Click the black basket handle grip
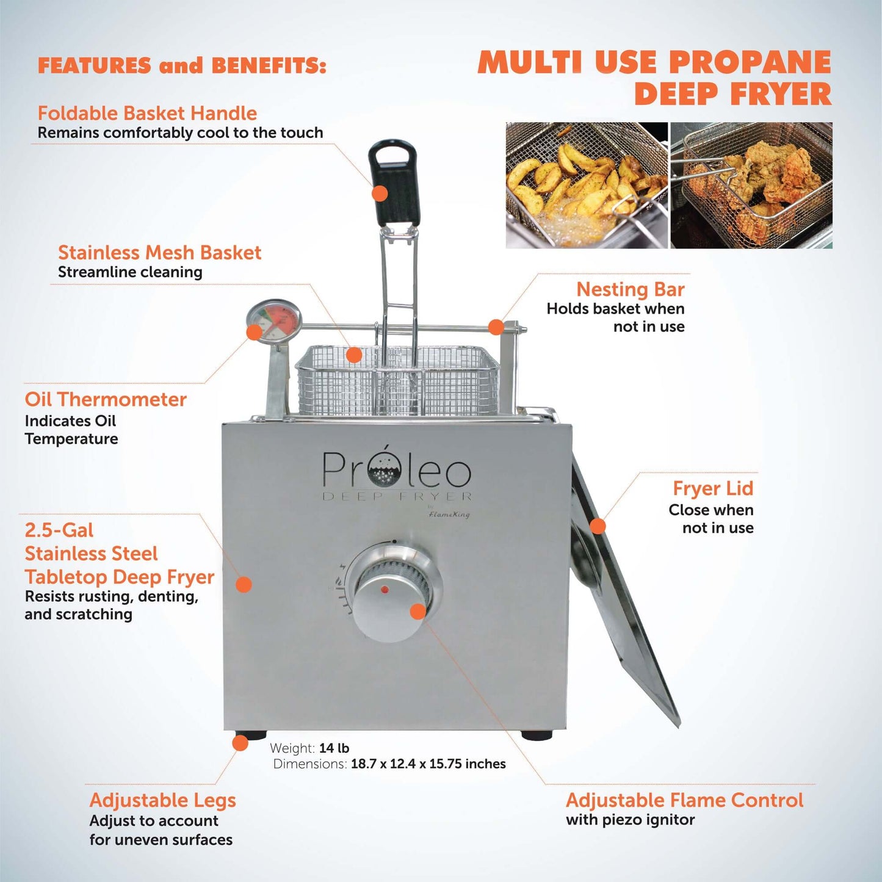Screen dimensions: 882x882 click(394, 183)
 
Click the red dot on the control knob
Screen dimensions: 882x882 click(385, 590)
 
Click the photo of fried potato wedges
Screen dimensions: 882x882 click(587, 185)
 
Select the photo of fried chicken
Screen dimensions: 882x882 click(751, 185)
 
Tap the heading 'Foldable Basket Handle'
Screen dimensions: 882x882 click(147, 113)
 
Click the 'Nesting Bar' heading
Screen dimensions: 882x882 click(631, 289)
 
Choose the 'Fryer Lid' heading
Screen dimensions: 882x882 click(713, 488)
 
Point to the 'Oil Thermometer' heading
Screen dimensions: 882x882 click(106, 399)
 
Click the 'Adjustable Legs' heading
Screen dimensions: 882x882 click(162, 800)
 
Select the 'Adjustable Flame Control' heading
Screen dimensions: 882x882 click(684, 800)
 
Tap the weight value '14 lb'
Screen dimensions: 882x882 click(334, 748)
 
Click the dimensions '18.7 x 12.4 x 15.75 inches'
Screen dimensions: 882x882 click(428, 764)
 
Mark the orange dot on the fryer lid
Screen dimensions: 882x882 click(598, 526)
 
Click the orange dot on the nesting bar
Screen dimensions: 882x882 click(496, 327)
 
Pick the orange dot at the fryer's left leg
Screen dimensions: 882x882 click(240, 743)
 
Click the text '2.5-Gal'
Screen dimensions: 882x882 click(59, 530)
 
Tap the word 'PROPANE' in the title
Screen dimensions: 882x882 click(750, 62)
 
